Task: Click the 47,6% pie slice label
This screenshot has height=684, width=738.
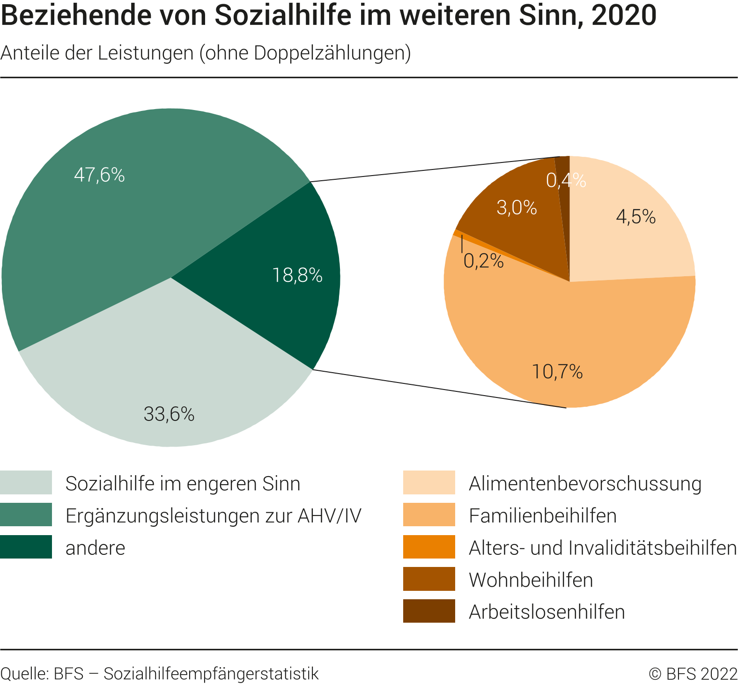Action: [x=99, y=175]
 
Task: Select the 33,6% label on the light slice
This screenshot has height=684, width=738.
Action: [x=169, y=414]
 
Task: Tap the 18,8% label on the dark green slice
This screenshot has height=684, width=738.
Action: [x=297, y=275]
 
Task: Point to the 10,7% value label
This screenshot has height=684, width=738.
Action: [x=557, y=372]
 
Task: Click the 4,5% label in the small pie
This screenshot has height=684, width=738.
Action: [x=635, y=217]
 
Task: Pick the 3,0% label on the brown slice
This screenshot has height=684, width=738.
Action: [x=517, y=207]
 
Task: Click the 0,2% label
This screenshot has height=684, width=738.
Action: [x=483, y=261]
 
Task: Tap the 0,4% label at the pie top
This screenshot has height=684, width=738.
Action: [x=566, y=180]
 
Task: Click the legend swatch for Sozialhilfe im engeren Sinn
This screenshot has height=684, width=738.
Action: [x=26, y=483]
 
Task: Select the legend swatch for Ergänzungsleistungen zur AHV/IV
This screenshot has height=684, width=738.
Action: [x=26, y=515]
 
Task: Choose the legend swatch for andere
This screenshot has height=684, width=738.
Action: [x=26, y=547]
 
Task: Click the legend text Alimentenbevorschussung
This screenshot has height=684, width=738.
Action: [x=585, y=484]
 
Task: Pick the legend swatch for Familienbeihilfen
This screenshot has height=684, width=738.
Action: [x=429, y=515]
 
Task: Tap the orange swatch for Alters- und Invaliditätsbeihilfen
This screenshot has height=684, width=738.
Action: [x=429, y=547]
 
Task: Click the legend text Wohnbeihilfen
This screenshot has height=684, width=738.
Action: [x=531, y=580]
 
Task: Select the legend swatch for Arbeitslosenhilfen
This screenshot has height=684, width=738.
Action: [x=429, y=611]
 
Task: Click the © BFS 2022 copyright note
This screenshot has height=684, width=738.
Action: [x=693, y=674]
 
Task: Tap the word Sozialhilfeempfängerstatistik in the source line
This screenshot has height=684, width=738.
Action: [x=211, y=674]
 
